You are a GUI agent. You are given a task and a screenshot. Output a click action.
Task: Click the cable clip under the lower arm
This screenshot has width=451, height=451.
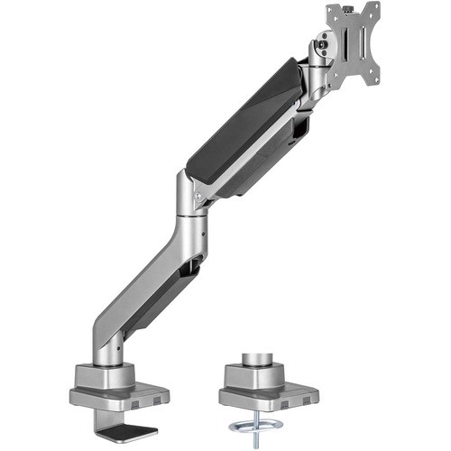pos(191,266)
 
